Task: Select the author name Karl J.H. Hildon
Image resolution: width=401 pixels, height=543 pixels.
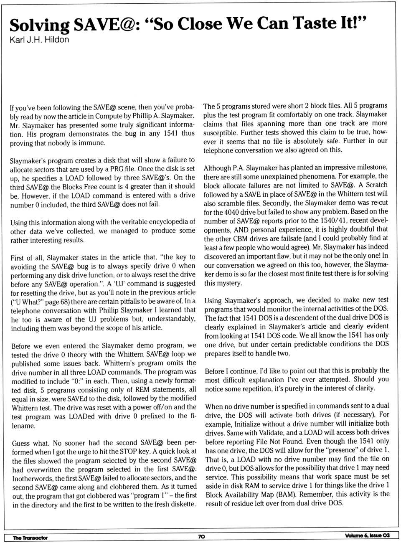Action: click(39, 40)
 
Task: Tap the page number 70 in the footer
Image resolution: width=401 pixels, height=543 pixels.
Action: click(201, 537)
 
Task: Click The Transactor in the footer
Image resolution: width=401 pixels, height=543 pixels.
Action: click(30, 538)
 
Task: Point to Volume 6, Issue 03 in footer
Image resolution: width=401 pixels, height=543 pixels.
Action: click(367, 536)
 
